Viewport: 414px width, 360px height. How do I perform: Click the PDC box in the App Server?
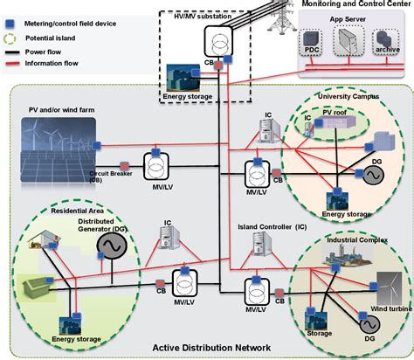[x=312, y=49]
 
